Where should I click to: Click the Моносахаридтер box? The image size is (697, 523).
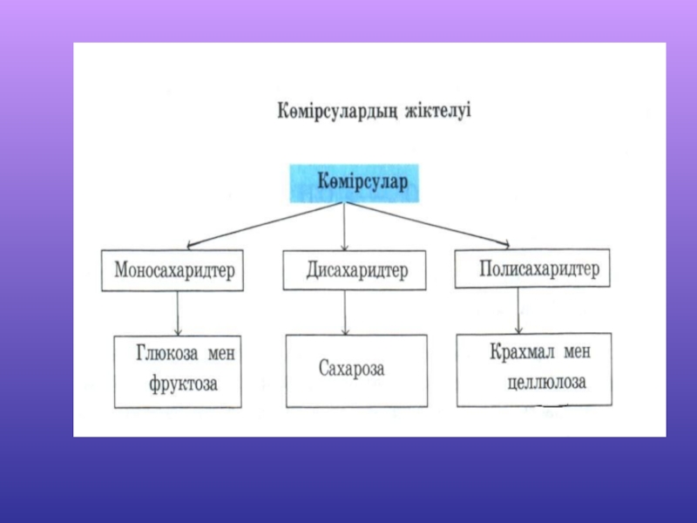tap(173, 270)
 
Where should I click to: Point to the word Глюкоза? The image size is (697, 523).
tap(166, 354)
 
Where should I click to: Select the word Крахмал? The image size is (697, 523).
tap(519, 352)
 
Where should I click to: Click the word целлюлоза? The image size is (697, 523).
tap(545, 382)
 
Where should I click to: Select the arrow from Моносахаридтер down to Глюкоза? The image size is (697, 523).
tap(178, 313)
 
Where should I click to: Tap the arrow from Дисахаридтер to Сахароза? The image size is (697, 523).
tap(346, 313)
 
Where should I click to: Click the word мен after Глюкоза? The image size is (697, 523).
tap(222, 354)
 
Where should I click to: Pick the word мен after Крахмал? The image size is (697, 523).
tap(576, 352)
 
